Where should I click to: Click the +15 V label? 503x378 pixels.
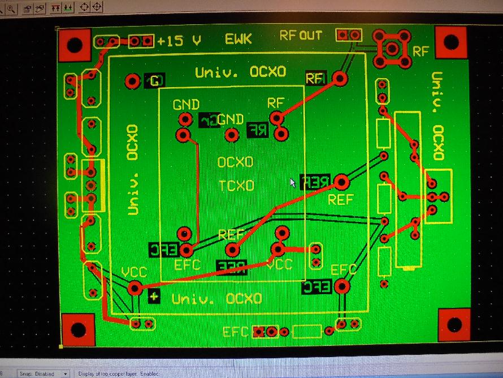[179, 41]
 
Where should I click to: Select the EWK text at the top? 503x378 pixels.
[238, 40]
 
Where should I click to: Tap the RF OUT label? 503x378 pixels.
[301, 36]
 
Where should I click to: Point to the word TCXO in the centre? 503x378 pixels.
[236, 186]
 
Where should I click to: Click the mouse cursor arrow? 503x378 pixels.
[293, 183]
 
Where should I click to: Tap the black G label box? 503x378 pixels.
[154, 81]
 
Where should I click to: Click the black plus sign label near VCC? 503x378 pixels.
[154, 296]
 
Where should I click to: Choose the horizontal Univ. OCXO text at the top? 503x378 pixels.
[240, 72]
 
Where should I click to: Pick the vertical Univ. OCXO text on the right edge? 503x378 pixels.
[437, 115]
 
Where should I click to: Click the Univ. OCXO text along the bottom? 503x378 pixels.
[216, 299]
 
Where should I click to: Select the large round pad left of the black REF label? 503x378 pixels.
[341, 182]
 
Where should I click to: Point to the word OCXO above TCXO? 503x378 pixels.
[236, 162]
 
